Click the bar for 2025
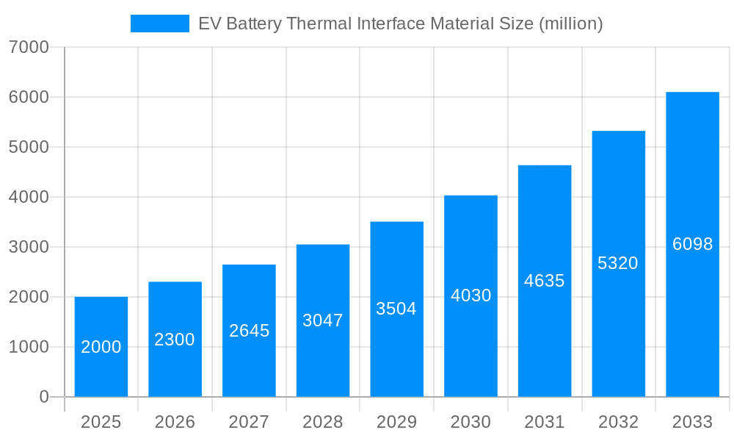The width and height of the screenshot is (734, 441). click(x=101, y=347)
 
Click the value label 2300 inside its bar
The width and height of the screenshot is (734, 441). click(x=175, y=340)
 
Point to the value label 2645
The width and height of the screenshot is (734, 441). click(x=249, y=331)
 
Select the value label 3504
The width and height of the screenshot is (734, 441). click(x=396, y=309)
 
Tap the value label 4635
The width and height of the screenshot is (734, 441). click(x=545, y=281)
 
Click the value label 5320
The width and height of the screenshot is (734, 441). click(x=618, y=263)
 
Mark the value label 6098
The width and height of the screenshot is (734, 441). click(x=692, y=244)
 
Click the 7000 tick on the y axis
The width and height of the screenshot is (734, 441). click(x=29, y=48)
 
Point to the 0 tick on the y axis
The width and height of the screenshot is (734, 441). click(x=43, y=397)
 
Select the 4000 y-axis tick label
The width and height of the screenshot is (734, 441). click(x=29, y=197)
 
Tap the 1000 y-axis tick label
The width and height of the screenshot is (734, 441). click(x=29, y=347)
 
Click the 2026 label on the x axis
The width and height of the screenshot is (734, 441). click(x=175, y=422)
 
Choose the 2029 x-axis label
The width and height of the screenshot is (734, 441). click(x=396, y=422)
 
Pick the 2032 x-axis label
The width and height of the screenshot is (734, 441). click(x=618, y=422)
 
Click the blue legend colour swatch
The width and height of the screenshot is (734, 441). click(x=159, y=24)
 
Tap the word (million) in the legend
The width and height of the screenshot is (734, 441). click(x=570, y=24)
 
